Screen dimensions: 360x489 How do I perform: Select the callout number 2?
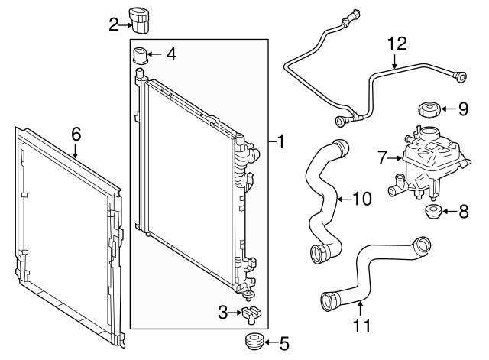pos(113,25)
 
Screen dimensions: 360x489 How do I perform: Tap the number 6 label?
pos(76,134)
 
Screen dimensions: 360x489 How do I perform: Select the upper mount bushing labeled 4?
pos(139,56)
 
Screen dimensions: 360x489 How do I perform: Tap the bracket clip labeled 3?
pos(251,313)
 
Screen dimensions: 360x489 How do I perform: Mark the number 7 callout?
pos(383,158)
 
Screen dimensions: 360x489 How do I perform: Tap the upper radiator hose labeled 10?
pos(325,199)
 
